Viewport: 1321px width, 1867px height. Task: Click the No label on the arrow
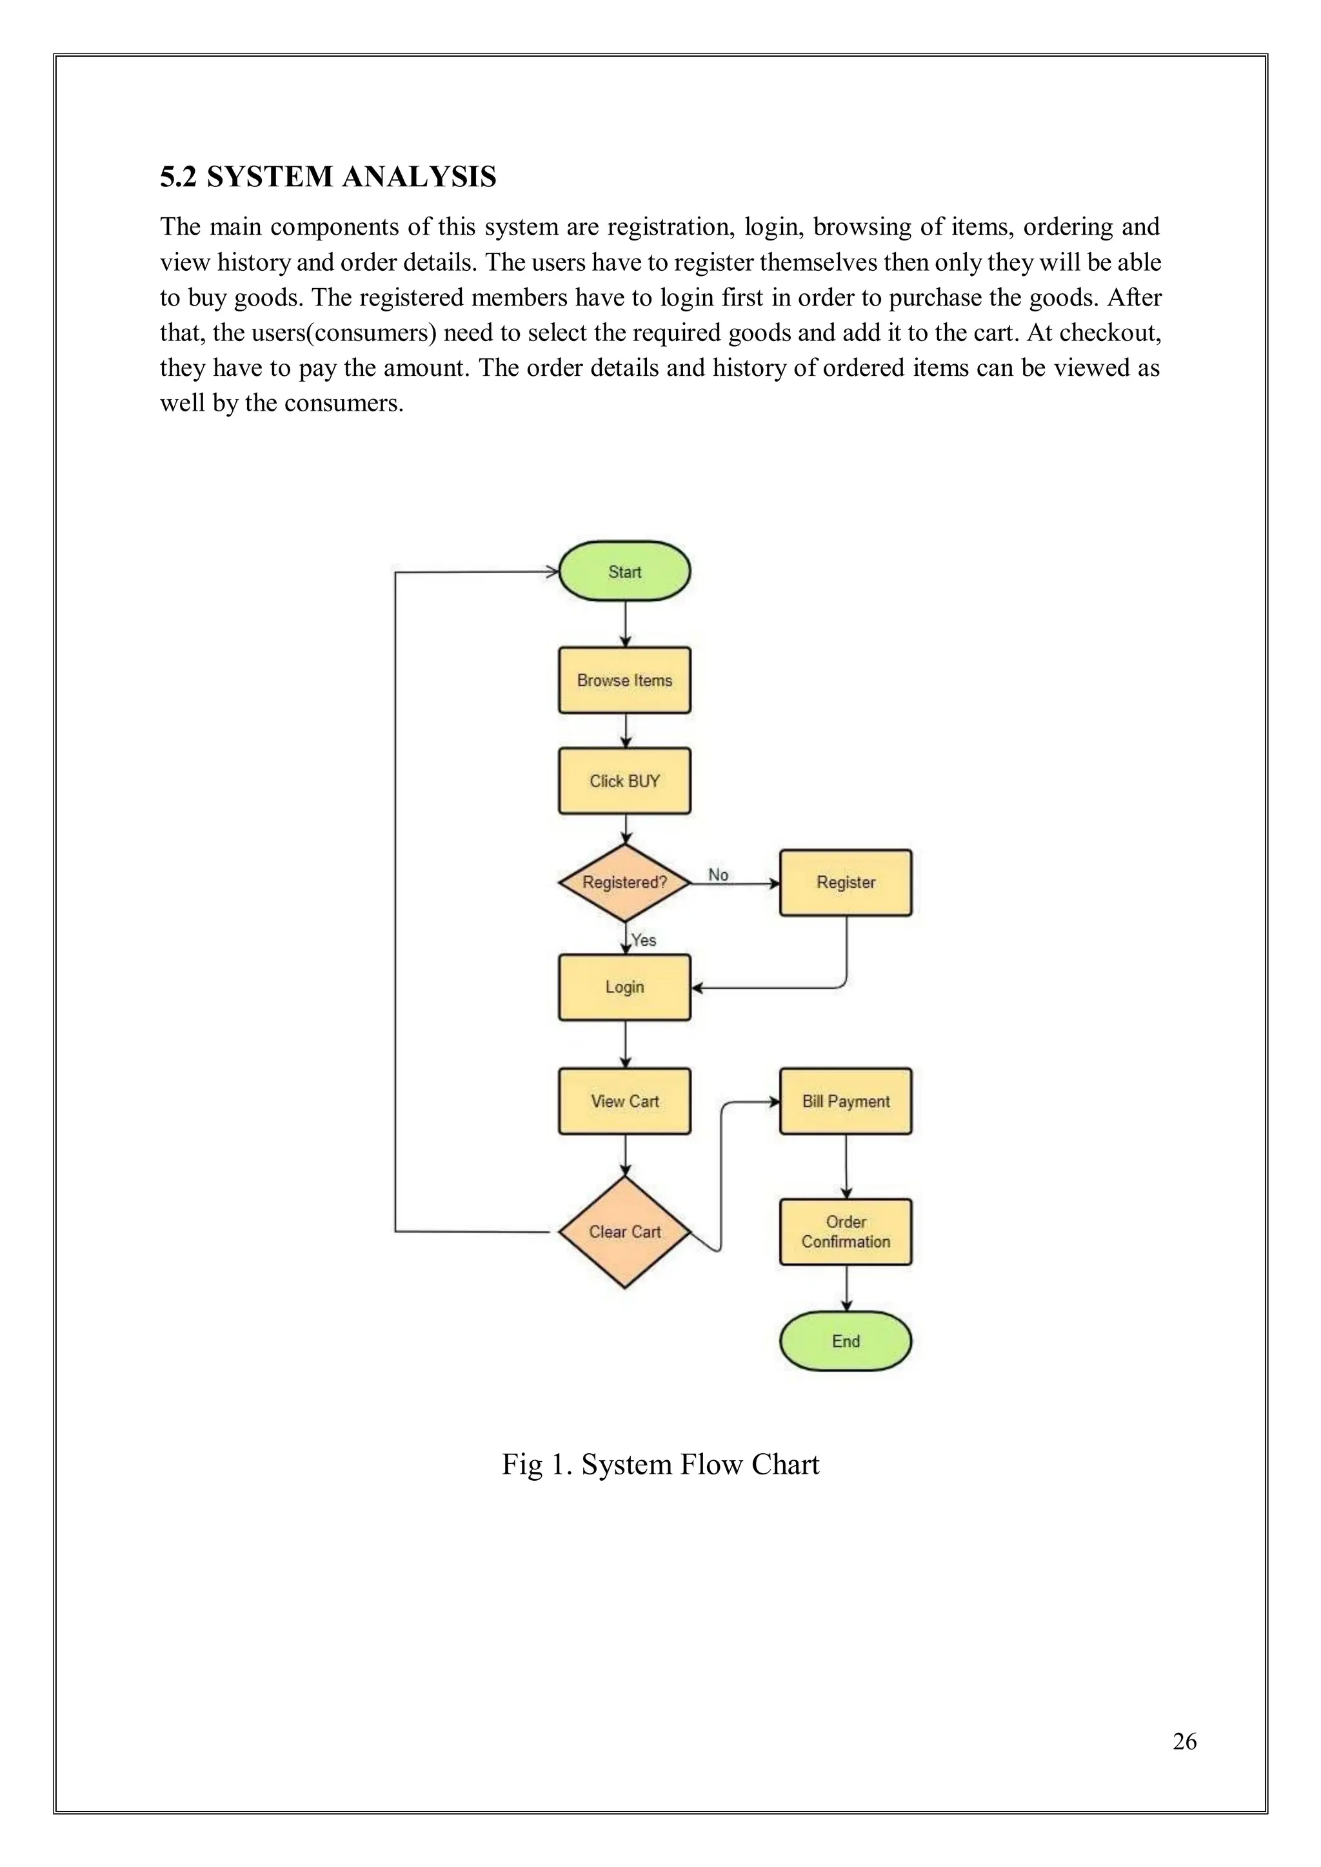click(717, 875)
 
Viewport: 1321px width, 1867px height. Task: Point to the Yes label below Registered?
click(644, 940)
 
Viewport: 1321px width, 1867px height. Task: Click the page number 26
click(1184, 1741)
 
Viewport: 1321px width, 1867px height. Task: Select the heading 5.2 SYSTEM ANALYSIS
click(328, 177)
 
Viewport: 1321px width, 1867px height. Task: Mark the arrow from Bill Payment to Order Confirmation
click(846, 1166)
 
